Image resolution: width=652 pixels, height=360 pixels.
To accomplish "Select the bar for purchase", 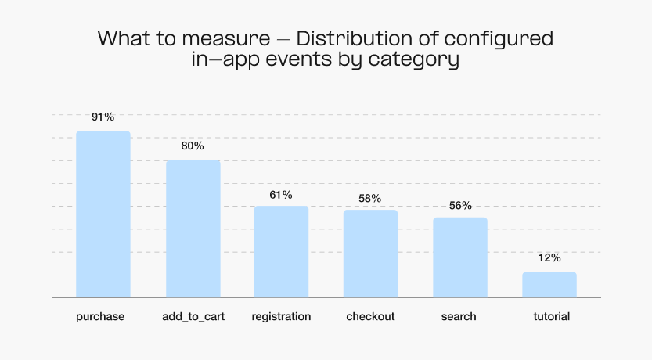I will (103, 214).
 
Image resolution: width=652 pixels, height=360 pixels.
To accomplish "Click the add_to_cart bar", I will (193, 229).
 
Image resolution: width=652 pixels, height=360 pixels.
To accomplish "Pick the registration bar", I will (281, 252).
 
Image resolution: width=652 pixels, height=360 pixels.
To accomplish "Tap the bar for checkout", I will (370, 254).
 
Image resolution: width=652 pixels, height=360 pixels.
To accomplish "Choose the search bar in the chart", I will (460, 257).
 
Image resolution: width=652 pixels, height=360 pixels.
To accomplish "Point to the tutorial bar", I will (549, 285).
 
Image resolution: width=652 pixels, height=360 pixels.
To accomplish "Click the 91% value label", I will (103, 117).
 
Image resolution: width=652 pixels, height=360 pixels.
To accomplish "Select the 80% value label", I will (193, 146).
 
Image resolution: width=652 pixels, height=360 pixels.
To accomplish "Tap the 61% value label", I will (281, 194).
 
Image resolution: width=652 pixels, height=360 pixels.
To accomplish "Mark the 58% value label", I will (370, 198).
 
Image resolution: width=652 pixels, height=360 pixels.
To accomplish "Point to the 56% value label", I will (460, 206).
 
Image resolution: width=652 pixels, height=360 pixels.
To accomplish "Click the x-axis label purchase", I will (101, 317).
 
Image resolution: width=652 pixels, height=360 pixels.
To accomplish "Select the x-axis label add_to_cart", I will (193, 317).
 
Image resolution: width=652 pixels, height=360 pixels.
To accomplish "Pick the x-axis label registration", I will (281, 317).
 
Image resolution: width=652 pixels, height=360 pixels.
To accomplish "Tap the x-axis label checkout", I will (370, 317).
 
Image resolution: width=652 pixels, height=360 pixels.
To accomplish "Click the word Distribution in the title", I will (345, 38).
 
